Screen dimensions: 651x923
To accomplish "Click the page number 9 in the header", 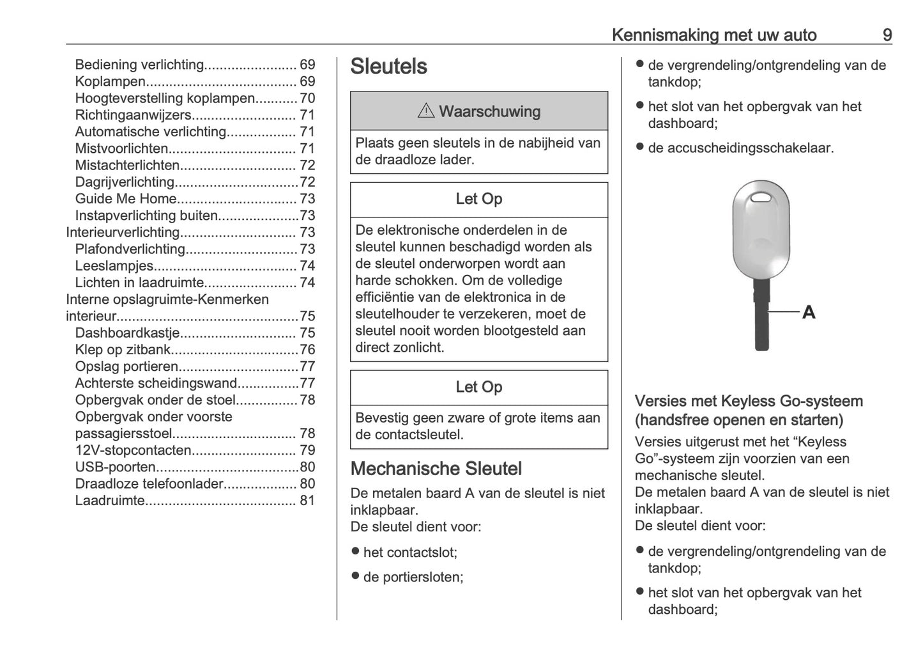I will point(887,35).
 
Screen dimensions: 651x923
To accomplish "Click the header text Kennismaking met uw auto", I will point(713,35).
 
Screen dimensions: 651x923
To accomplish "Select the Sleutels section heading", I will point(388,67).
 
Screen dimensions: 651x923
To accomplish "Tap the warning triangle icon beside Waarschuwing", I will point(425,111).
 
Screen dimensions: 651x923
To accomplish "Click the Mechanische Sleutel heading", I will point(436,469).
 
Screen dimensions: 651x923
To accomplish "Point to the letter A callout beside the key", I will point(808,312).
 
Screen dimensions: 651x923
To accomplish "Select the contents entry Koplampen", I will point(110,81).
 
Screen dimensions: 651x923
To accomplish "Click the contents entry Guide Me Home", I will point(125,199).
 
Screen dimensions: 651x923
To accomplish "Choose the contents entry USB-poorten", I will point(115,467).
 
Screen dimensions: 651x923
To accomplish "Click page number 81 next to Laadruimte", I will point(307,501).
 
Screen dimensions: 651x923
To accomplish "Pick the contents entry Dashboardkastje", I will point(127,333).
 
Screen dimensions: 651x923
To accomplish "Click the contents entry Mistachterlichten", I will point(127,165).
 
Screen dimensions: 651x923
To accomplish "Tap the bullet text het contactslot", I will point(410,553).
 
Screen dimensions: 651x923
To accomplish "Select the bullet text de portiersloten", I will point(413,577).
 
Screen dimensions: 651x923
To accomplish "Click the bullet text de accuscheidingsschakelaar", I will point(740,148).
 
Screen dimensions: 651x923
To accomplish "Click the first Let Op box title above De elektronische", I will point(478,200).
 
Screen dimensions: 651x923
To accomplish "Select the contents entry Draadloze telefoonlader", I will point(149,484).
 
